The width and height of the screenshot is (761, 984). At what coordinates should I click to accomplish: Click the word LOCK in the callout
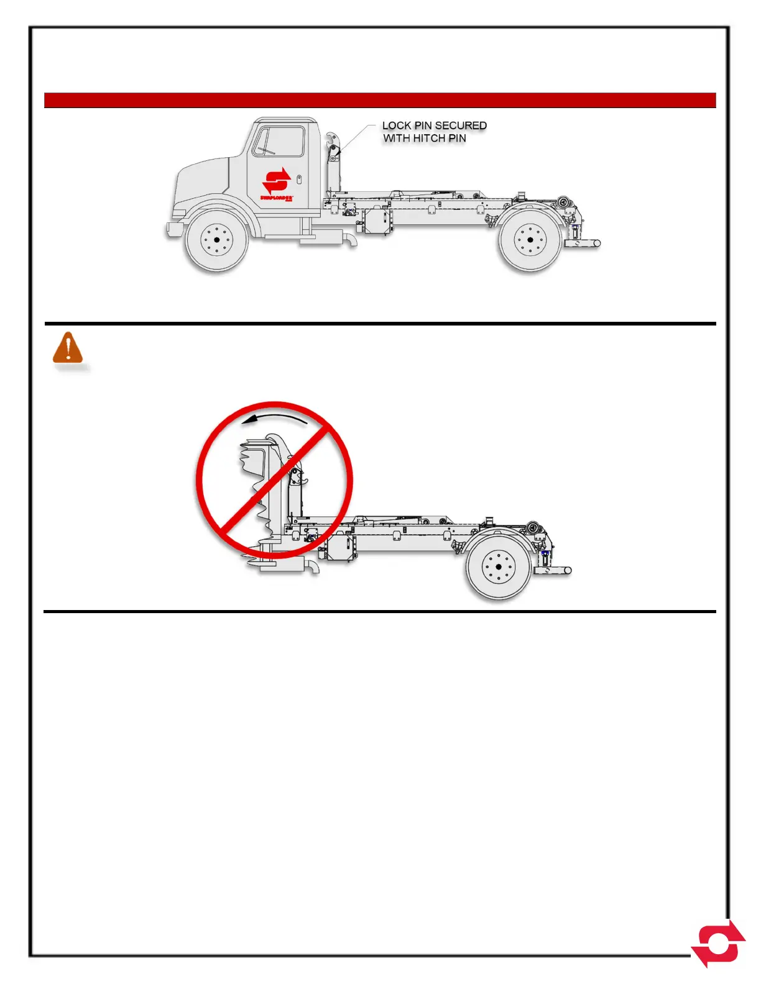tap(397, 125)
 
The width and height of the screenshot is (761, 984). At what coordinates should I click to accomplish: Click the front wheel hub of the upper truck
tap(216, 240)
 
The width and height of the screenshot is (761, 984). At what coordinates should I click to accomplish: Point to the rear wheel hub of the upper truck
tap(530, 240)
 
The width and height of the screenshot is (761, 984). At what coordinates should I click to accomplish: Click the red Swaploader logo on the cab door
tap(277, 181)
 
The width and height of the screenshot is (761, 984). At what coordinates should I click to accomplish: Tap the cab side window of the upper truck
tap(280, 142)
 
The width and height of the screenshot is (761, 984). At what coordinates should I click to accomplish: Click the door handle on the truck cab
tap(299, 180)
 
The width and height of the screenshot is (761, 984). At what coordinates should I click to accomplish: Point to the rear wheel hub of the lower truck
tap(499, 567)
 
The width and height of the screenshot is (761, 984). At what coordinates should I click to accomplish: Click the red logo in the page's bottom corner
tap(719, 944)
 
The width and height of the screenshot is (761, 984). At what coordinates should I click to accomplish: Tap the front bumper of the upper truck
tap(174, 229)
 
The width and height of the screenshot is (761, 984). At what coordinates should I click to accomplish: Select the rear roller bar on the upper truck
tap(583, 244)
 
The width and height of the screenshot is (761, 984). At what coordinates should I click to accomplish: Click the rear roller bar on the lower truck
tap(553, 571)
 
